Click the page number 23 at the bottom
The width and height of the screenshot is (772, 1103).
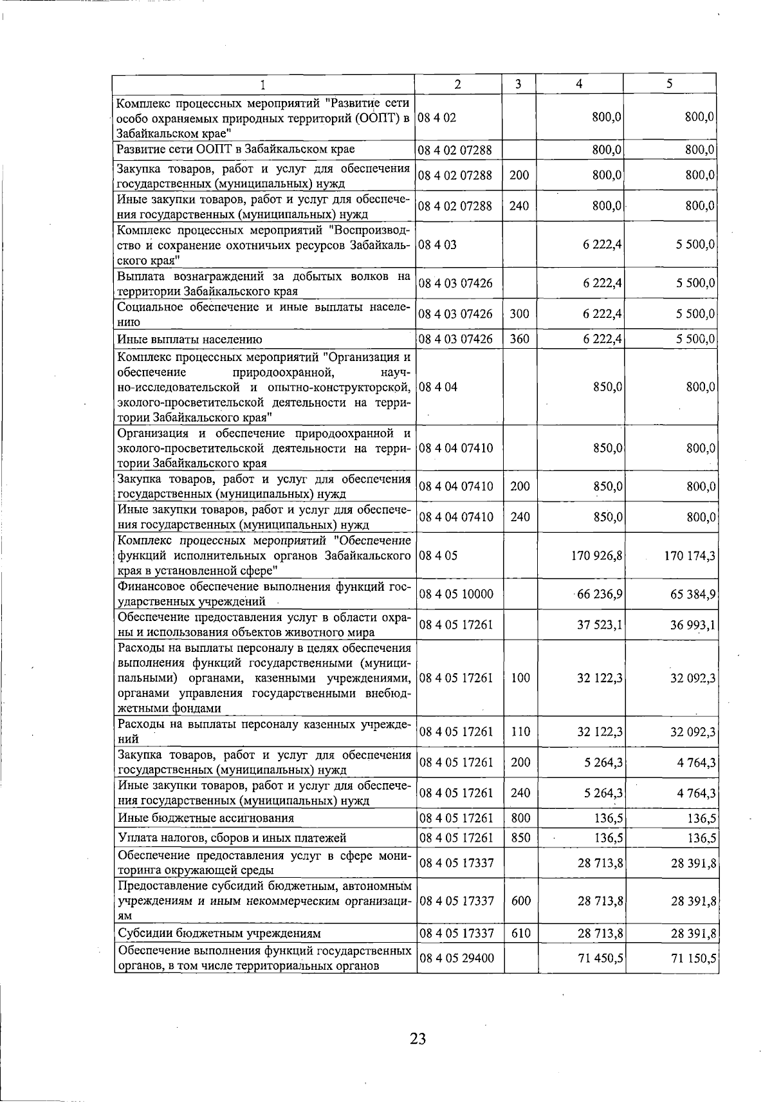point(418,1038)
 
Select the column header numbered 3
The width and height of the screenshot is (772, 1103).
point(519,84)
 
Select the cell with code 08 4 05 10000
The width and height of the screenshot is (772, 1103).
point(456,594)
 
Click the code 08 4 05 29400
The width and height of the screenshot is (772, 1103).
point(456,958)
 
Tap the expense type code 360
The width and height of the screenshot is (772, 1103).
point(519,339)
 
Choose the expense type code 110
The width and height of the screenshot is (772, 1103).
point(519,732)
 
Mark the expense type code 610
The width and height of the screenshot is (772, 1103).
point(519,933)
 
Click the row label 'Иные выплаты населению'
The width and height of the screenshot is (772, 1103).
point(189,339)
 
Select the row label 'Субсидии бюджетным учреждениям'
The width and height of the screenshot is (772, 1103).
point(219,933)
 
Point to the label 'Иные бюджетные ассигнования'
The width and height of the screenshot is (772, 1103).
point(206,818)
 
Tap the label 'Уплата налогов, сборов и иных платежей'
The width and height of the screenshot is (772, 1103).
point(232,837)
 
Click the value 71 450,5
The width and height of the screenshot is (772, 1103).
point(600,958)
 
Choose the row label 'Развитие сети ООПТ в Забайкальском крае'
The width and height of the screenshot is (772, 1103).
point(235,149)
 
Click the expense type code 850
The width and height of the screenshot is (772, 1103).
point(519,837)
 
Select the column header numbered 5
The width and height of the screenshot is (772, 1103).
point(670,84)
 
